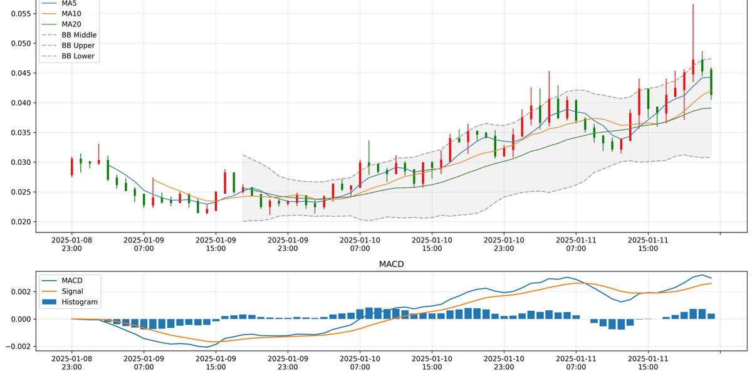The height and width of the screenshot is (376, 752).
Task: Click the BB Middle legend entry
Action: (x=79, y=35)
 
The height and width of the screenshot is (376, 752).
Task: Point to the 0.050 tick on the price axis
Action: (x=18, y=43)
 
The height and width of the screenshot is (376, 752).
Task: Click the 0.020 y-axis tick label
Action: (x=18, y=222)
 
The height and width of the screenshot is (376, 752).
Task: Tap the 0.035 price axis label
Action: (x=18, y=133)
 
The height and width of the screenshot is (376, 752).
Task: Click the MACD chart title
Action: (x=392, y=264)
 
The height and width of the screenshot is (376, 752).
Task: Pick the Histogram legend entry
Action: (x=80, y=301)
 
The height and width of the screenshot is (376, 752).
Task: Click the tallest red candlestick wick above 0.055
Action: (x=693, y=25)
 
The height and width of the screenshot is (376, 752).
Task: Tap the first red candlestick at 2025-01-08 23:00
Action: (x=72, y=167)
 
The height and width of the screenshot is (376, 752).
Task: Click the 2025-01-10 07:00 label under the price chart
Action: (x=360, y=244)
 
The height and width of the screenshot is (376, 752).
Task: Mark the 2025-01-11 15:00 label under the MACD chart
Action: (x=647, y=367)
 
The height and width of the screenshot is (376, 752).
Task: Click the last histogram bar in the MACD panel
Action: (x=711, y=316)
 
